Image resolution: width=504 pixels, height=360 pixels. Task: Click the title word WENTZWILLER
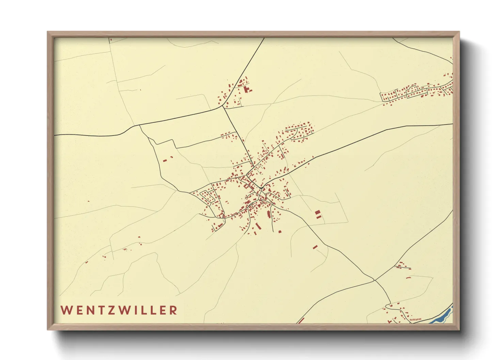tap(119, 310)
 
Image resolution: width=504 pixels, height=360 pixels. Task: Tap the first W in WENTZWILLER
tap(65, 310)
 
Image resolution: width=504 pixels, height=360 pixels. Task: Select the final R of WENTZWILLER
tap(174, 310)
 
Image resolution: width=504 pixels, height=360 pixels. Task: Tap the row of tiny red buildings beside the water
tap(415, 320)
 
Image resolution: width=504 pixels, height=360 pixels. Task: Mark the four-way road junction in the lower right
tap(374, 280)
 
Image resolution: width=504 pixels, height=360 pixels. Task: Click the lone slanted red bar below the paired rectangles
tap(315, 247)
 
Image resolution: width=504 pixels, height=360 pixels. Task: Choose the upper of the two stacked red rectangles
tap(317, 212)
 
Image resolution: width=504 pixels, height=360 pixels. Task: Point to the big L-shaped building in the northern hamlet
tap(246, 89)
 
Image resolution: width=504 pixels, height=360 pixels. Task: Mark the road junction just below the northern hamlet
tap(223, 107)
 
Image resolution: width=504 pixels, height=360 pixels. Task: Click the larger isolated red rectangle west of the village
tap(165, 160)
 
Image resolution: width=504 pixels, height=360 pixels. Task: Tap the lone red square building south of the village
tap(280, 232)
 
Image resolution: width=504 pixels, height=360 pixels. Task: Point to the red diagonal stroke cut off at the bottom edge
tap(300, 320)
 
